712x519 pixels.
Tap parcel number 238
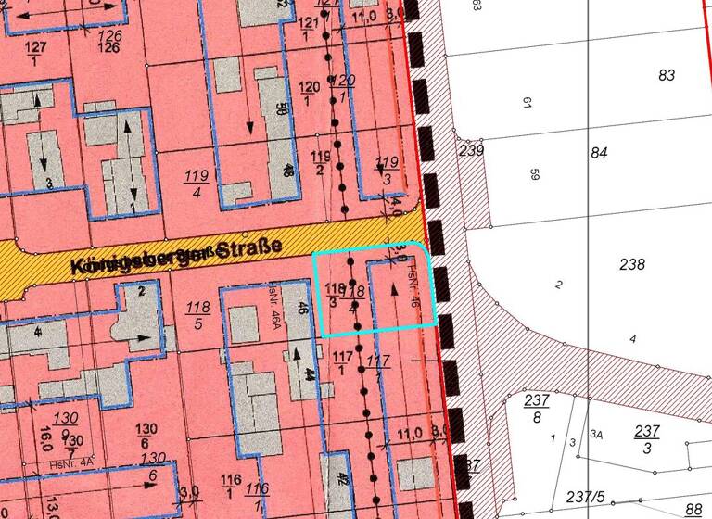[x=631, y=265]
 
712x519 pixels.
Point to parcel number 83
[x=667, y=76]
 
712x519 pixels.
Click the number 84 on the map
[x=599, y=153]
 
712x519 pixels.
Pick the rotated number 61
[x=528, y=103]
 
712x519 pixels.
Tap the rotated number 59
[x=534, y=173]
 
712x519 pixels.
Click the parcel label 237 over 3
[x=647, y=438]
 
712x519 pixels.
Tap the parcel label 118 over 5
[x=197, y=315]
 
